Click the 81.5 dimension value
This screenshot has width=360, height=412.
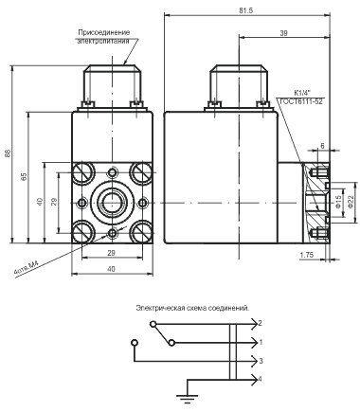click(x=246, y=10)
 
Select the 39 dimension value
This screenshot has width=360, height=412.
click(x=283, y=33)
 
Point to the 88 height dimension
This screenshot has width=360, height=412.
click(x=9, y=153)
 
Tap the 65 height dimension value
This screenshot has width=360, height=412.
click(x=24, y=176)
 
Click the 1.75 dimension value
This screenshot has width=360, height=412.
click(x=307, y=255)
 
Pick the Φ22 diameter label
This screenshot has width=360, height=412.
click(x=351, y=202)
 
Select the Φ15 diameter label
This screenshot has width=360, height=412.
click(x=338, y=202)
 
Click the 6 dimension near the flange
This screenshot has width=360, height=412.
click(x=322, y=146)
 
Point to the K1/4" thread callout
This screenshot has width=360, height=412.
click(x=302, y=93)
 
